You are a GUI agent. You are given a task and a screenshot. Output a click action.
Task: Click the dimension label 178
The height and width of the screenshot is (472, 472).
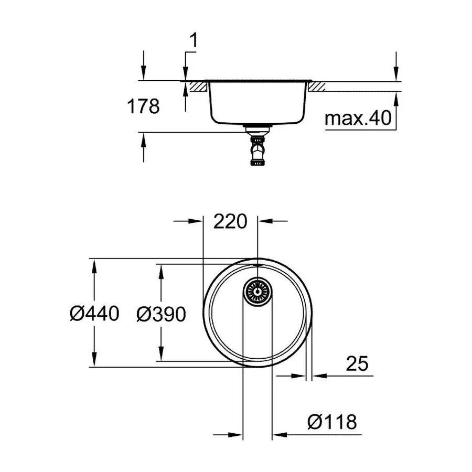[143, 106]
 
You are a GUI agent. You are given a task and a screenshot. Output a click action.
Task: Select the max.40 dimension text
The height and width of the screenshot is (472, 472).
[358, 119]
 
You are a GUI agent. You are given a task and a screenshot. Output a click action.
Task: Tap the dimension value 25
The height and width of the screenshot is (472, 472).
[358, 363]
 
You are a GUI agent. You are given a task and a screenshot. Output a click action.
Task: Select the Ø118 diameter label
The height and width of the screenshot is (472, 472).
[332, 421]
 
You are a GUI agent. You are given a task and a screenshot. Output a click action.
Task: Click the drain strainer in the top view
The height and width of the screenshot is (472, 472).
[257, 291]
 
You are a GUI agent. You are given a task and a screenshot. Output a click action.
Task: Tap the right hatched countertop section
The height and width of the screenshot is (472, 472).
[318, 87]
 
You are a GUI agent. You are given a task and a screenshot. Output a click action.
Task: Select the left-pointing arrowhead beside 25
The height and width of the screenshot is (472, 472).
[319, 376]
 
